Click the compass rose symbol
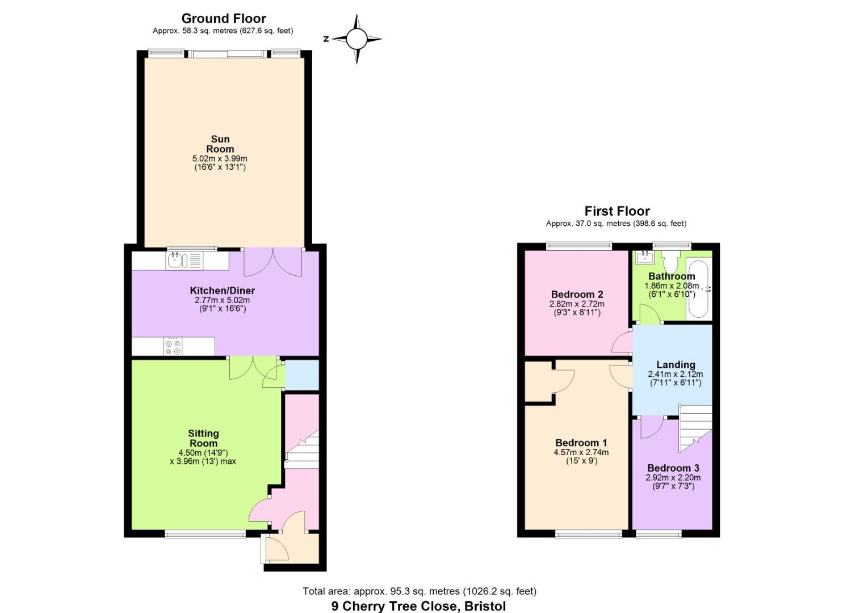(357, 39)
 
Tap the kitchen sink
(184, 261)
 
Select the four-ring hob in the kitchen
(173, 347)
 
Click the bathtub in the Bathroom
(697, 289)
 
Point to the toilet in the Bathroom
(670, 262)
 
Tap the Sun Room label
(220, 144)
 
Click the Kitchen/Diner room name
(222, 291)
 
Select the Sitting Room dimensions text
(203, 457)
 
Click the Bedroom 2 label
(577, 295)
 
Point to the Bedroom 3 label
(673, 468)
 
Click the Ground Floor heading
(224, 18)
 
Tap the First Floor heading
(616, 211)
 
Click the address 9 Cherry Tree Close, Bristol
(418, 606)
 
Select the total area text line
(419, 591)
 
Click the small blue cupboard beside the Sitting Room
(301, 375)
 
